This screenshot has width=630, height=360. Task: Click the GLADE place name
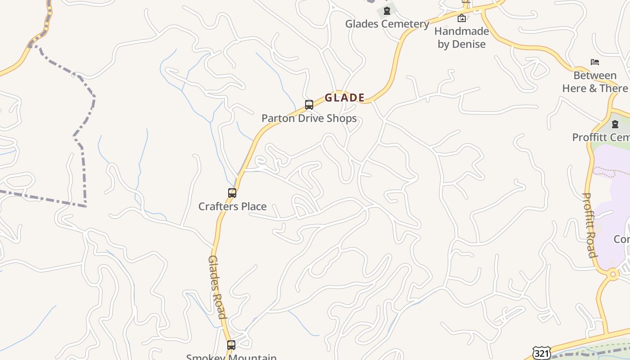coord(345,98)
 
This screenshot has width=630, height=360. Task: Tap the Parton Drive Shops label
coord(309,118)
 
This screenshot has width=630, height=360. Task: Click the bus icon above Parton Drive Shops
coord(309,105)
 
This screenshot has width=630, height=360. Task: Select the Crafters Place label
coord(233,207)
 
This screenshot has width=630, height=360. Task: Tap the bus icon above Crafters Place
coord(232,193)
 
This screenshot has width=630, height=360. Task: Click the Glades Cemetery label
coord(387,24)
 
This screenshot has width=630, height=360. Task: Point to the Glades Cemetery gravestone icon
coord(387,10)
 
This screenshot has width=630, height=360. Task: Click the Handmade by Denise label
coord(462,38)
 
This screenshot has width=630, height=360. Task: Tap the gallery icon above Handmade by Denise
coord(461,18)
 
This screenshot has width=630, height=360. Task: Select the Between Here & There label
coord(595,82)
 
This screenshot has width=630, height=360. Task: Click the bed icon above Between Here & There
coord(595,62)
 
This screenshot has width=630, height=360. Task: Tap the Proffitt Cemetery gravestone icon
coord(615,124)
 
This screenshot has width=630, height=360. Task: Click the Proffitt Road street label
coord(590,225)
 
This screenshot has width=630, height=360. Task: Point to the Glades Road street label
coord(217,287)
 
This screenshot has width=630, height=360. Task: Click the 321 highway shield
coord(541,353)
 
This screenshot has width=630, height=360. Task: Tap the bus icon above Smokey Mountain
coord(231,345)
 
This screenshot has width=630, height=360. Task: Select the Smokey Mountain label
coord(232,357)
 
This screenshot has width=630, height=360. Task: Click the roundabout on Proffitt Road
coord(612,274)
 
